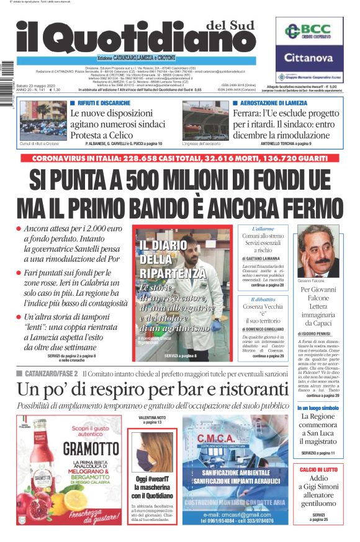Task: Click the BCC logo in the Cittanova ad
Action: pyautogui.click(x=309, y=32)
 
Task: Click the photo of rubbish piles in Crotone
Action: pyautogui.click(x=43, y=120)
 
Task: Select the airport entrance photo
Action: pyautogui.click(x=205, y=120)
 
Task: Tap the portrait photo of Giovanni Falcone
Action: pyautogui.click(x=319, y=251)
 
